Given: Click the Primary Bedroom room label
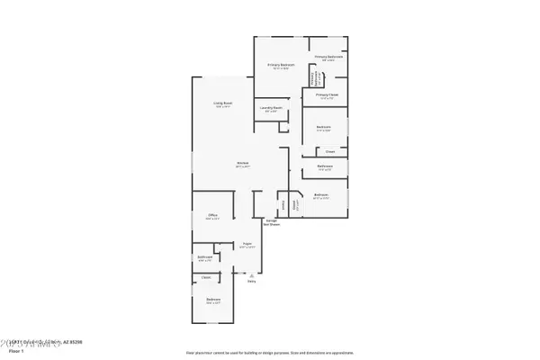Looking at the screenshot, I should coord(281,66).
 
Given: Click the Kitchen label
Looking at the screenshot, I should coord(243,163).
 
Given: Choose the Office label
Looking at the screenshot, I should coord(213,215).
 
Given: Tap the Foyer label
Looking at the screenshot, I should coord(246,244).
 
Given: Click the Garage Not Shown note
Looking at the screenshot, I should coord(272,223).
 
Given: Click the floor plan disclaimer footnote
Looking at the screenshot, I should coord(269,353).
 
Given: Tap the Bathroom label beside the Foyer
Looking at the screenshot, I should coord(204,257).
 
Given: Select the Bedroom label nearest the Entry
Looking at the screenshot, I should coord(213,299).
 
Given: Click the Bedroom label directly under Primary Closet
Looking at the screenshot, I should coord(324,127).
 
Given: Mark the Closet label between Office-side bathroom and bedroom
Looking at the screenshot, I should coord(207,277).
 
